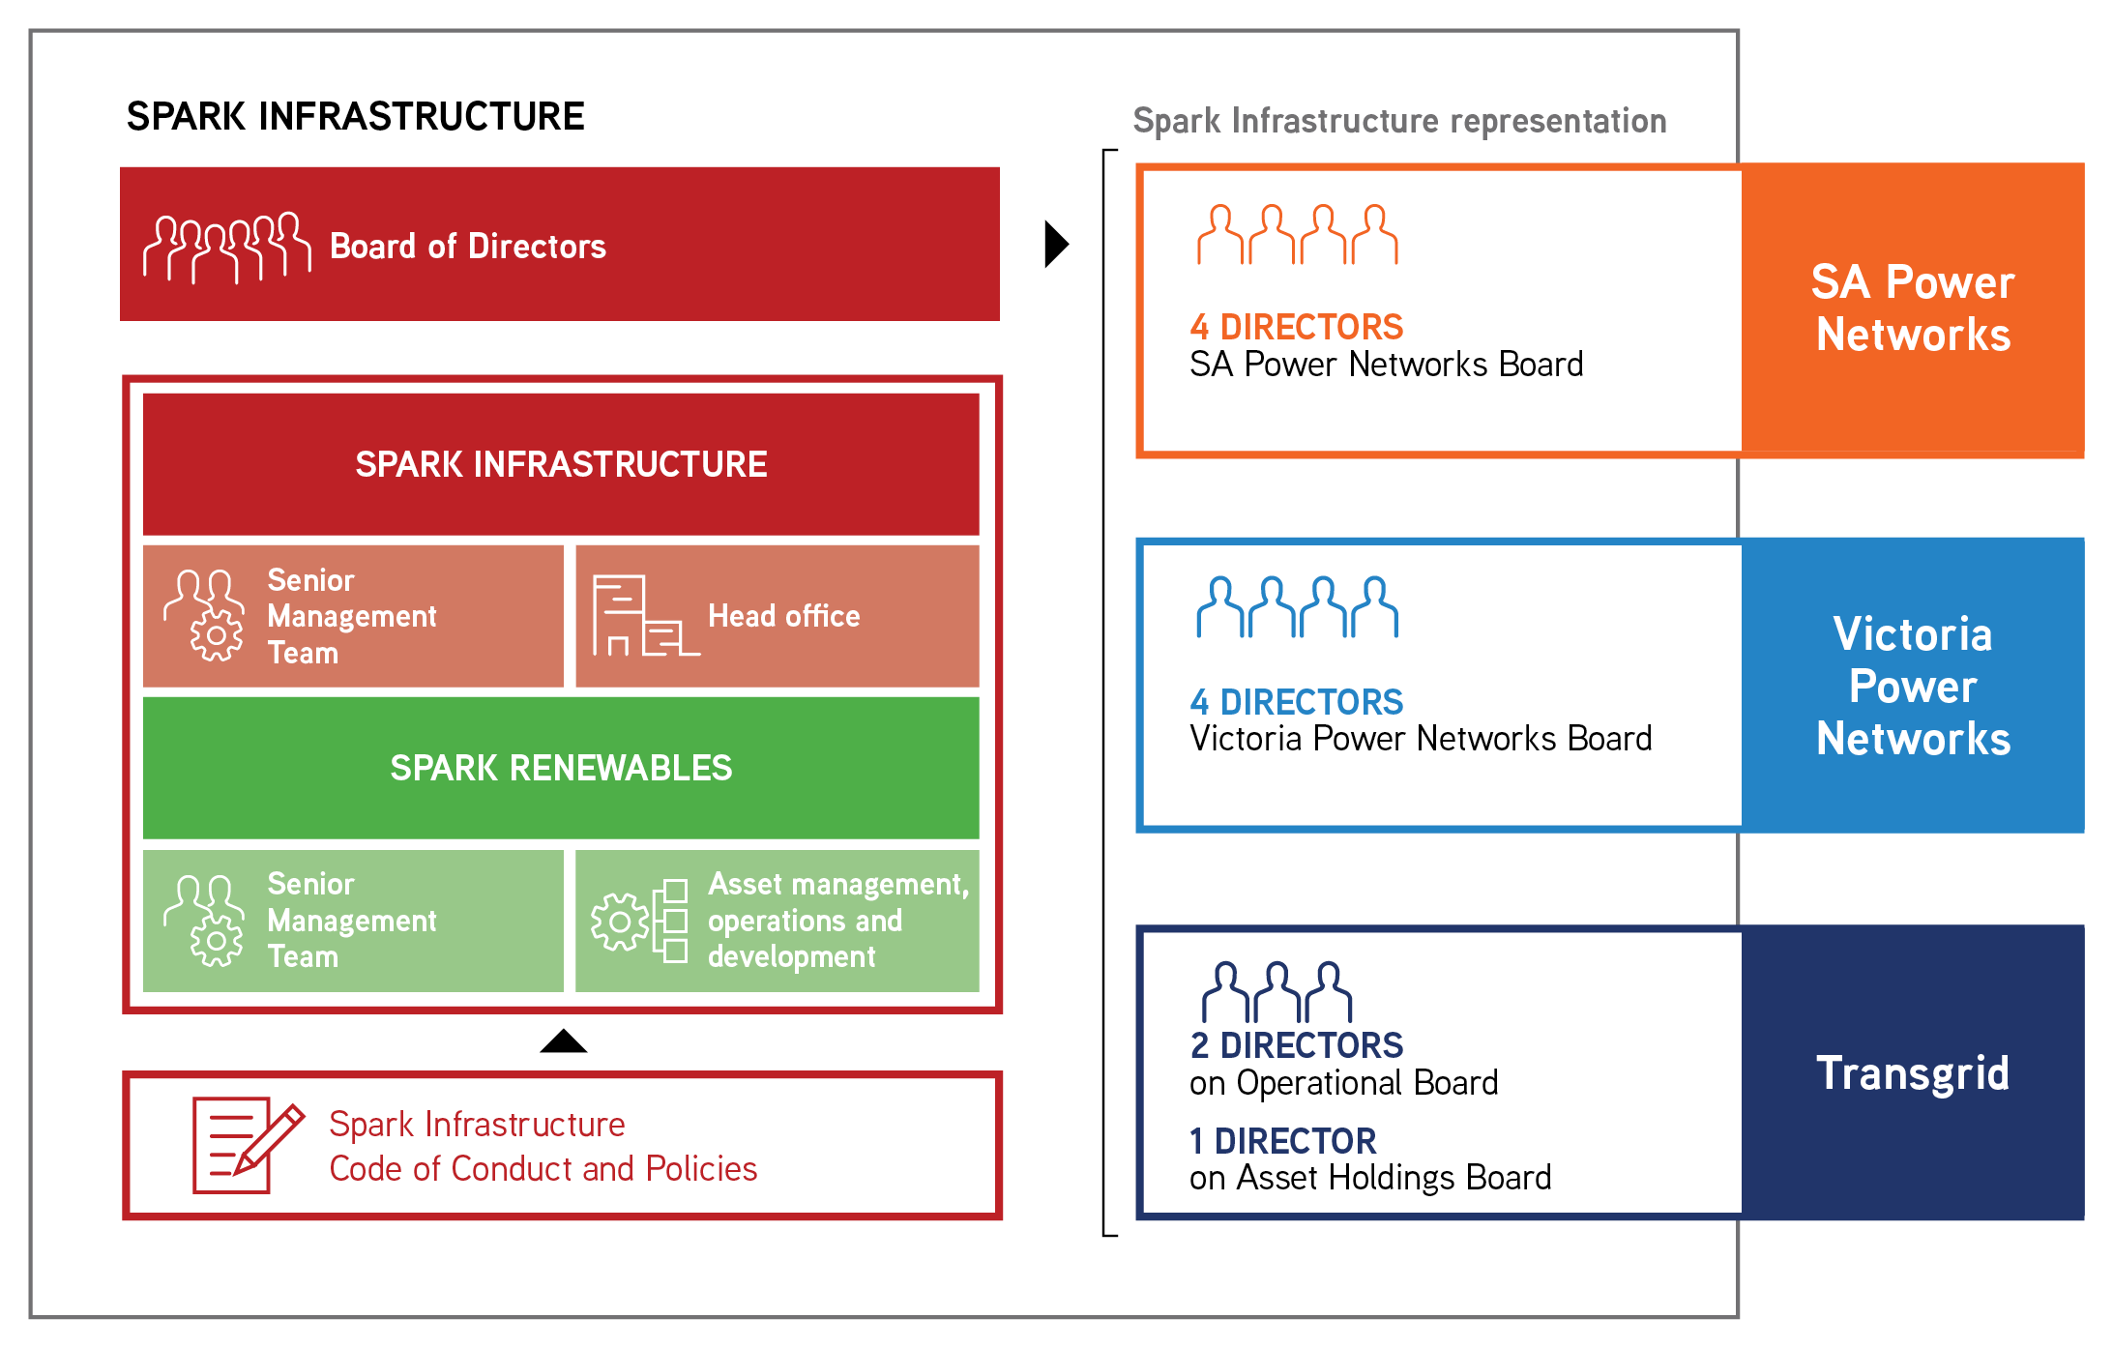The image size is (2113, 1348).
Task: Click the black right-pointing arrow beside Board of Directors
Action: pyautogui.click(x=1056, y=244)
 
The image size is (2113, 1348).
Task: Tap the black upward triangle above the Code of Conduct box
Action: pyautogui.click(x=564, y=1042)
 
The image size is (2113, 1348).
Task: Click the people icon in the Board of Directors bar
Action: pyautogui.click(x=227, y=248)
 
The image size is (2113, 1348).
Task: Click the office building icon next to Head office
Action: pyautogui.click(x=643, y=616)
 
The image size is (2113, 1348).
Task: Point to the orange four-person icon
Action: pyautogui.click(x=1297, y=234)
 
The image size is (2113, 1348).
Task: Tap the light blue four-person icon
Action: pyautogui.click(x=1297, y=607)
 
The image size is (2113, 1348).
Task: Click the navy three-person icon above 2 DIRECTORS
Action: pyautogui.click(x=1277, y=992)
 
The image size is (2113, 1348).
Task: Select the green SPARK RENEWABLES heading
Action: pyautogui.click(x=561, y=768)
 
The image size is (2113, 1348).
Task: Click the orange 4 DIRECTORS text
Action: pyautogui.click(x=1296, y=327)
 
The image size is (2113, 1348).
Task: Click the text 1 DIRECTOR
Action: pyautogui.click(x=1282, y=1141)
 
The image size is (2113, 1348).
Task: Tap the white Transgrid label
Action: pyautogui.click(x=1912, y=1073)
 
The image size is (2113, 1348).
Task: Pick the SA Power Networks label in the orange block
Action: pyautogui.click(x=1912, y=308)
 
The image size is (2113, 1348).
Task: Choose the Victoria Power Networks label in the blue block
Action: pyautogui.click(x=1912, y=686)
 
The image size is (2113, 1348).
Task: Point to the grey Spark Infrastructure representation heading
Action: pyautogui.click(x=1399, y=121)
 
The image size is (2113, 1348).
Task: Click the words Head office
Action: pyautogui.click(x=783, y=616)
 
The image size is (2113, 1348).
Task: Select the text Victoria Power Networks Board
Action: pyautogui.click(x=1420, y=739)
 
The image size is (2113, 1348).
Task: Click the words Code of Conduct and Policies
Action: pyautogui.click(x=543, y=1169)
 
